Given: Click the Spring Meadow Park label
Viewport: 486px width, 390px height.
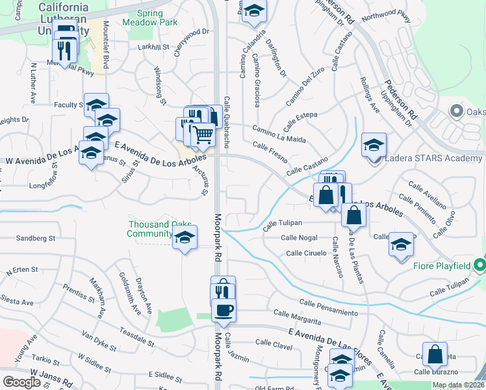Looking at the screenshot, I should click(x=149, y=18).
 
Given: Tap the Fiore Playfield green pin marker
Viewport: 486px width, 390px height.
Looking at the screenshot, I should click(x=480, y=265).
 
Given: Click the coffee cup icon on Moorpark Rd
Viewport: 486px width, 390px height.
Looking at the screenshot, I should click(x=224, y=309).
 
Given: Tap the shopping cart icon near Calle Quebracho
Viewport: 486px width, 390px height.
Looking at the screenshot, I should click(x=203, y=135).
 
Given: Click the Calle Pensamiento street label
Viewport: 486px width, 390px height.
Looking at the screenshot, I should click(x=329, y=307).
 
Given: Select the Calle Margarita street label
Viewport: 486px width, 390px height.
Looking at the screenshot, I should click(x=297, y=317).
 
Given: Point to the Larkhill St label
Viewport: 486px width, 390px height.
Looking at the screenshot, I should click(x=153, y=47).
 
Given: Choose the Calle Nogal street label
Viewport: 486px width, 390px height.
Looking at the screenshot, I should click(x=299, y=238).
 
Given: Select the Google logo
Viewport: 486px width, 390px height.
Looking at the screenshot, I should click(x=21, y=382).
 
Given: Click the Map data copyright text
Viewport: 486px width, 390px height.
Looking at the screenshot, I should click(x=457, y=385).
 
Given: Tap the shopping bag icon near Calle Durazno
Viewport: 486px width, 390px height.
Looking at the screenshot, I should click(x=435, y=354).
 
